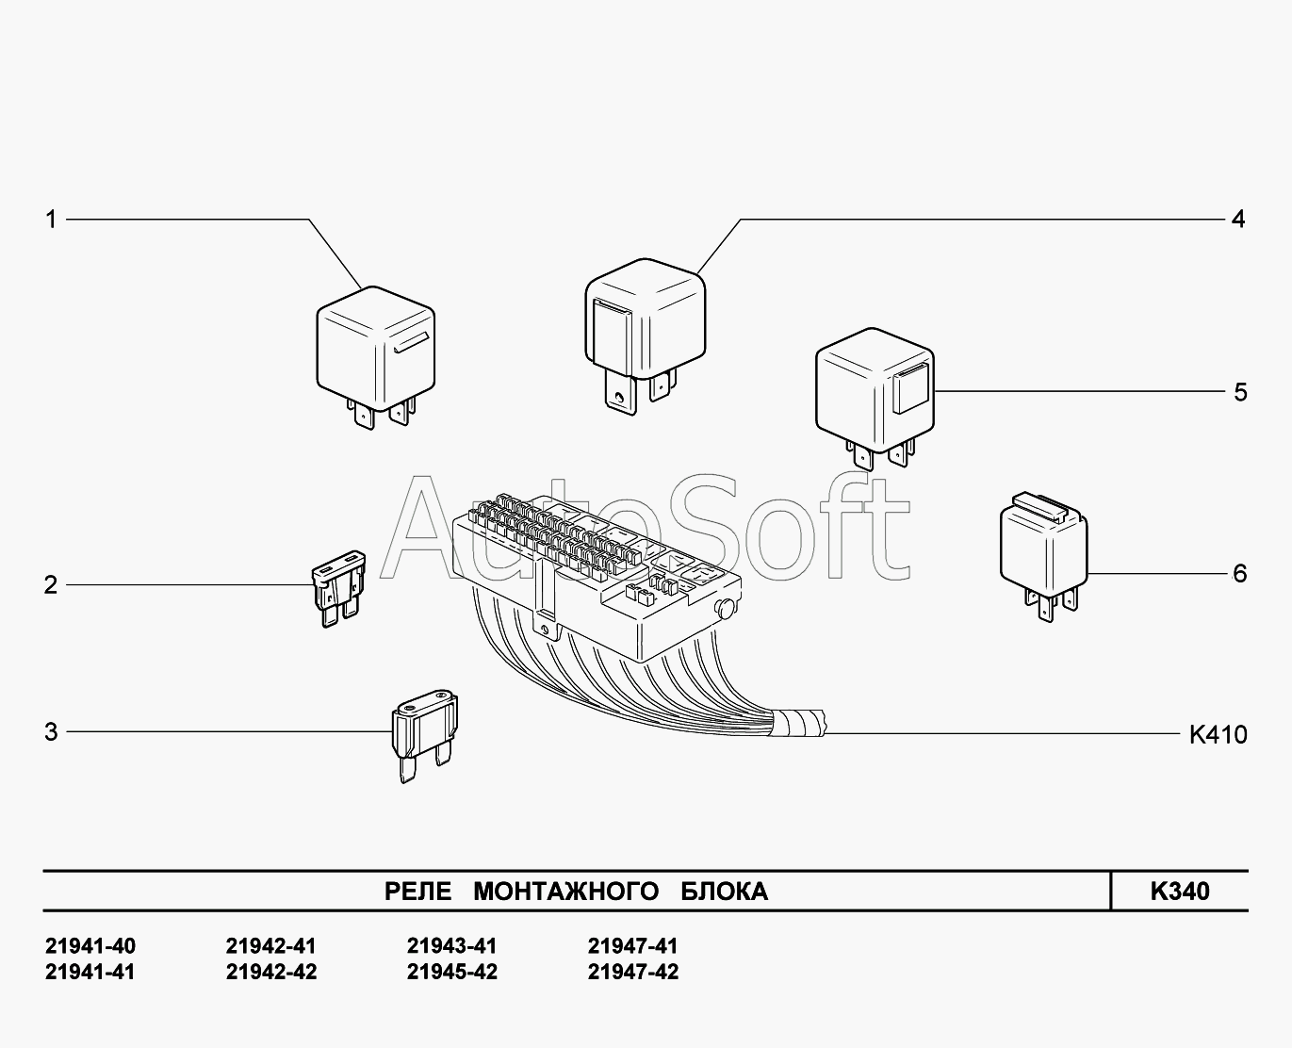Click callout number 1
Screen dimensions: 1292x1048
51,220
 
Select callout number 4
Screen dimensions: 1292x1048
1238,220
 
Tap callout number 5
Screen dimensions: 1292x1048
1239,392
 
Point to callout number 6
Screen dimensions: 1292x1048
1239,573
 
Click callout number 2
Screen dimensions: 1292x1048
51,584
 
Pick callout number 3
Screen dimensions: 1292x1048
51,731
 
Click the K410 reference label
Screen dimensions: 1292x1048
1218,734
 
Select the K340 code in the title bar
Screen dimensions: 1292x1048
1179,892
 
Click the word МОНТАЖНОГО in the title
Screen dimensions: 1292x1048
565,892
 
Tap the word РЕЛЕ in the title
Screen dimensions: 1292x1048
417,892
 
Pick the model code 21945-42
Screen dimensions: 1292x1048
451,972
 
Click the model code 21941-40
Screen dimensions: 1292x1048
90,946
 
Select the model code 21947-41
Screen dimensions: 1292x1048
632,946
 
